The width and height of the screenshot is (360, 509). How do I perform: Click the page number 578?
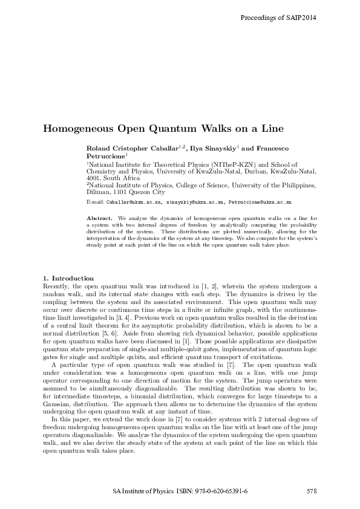tap(312, 490)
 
